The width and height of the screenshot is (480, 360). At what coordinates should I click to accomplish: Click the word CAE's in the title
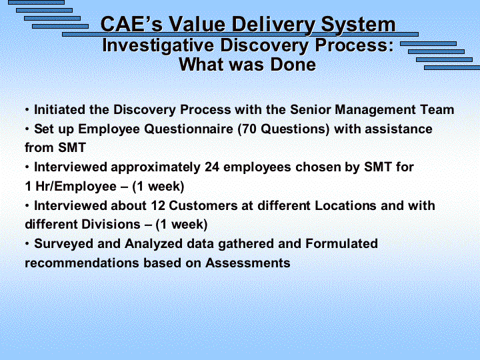tap(131, 24)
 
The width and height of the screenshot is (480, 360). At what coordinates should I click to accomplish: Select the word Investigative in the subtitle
tap(158, 46)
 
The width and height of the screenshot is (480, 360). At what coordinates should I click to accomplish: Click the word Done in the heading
tap(293, 65)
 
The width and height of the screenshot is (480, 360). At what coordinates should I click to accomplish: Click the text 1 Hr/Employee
tap(71, 187)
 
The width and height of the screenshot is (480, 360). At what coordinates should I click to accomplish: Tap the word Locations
tap(345, 205)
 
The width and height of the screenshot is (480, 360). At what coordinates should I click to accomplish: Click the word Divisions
tap(111, 225)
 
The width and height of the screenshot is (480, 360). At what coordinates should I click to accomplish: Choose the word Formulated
tap(341, 244)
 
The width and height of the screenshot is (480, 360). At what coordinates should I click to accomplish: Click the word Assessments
tap(247, 263)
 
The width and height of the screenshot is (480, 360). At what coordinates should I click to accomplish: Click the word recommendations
tap(82, 263)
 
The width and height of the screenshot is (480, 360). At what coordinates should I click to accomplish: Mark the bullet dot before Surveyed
tap(27, 244)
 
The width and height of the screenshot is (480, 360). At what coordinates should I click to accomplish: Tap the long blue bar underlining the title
tap(240, 34)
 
